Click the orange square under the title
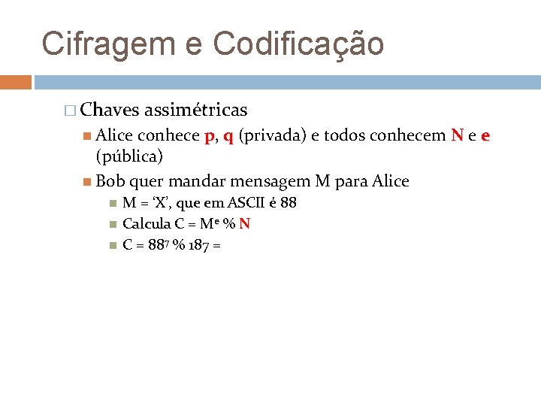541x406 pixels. [x=16, y=81]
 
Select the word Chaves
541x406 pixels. [x=109, y=110]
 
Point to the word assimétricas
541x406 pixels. [x=195, y=110]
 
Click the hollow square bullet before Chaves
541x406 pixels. [x=71, y=111]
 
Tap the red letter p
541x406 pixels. [x=208, y=137]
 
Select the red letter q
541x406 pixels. [x=227, y=137]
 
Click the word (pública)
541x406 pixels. [x=129, y=156]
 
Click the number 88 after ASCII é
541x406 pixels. [x=288, y=203]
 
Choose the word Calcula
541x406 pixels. [x=146, y=223]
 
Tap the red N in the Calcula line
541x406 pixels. [x=245, y=223]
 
